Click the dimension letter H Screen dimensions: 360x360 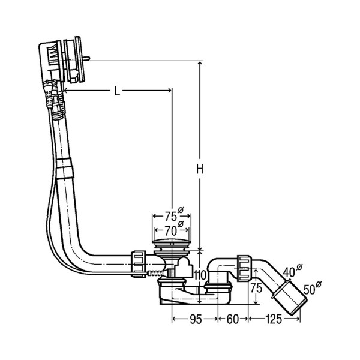pos(201,170)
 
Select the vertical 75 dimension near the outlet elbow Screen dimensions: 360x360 pos(255,287)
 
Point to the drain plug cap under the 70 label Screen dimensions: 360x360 pos(172,242)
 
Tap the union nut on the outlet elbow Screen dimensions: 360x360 pos(245,268)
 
